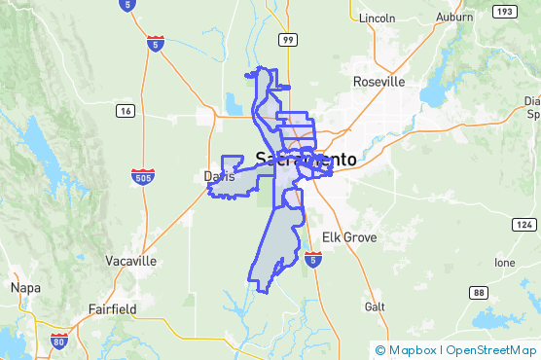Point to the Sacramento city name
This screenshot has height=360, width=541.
pos(306,158)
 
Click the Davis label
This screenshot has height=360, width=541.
pos(219,176)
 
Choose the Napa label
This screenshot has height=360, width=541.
pos(24,288)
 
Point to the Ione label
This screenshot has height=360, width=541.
pos(504,263)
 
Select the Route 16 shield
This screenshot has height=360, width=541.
pos(126,112)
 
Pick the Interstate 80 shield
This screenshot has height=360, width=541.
pos(59,342)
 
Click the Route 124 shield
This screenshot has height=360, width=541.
pos(523,225)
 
